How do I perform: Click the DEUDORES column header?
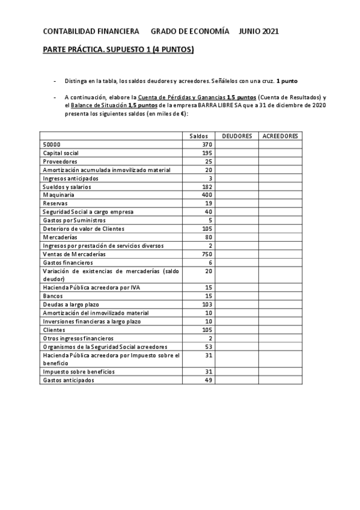coord(237,136)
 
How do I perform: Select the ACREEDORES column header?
coord(280,136)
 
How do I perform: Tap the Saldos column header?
coord(198,136)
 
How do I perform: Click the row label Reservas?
coord(55,203)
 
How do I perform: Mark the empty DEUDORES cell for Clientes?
coord(237,330)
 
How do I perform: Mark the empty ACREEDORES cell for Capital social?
coord(280,153)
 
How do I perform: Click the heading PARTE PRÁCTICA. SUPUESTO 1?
coord(118,51)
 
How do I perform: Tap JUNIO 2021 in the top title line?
coord(258,31)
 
